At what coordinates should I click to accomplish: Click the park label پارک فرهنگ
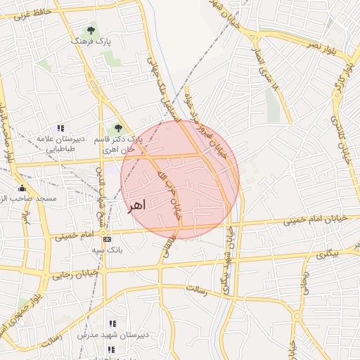90,42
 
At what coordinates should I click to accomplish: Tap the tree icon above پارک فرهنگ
91,30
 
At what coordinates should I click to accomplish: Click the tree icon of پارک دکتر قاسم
118,128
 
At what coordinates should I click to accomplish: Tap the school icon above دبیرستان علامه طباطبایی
61,128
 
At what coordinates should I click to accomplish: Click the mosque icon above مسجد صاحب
22,188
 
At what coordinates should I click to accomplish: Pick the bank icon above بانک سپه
107,239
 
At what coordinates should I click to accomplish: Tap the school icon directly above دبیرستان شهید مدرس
112,323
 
